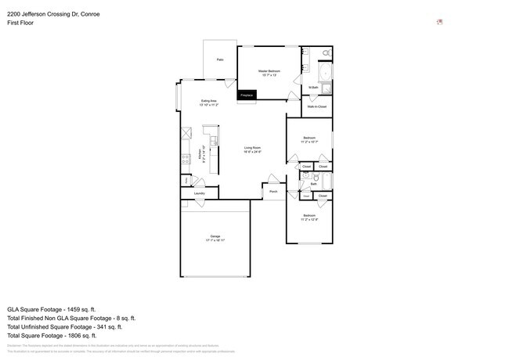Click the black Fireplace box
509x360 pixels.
pos(246,95)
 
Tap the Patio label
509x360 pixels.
pos(220,59)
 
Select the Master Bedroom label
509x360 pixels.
pos(269,71)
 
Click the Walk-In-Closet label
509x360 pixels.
pos(316,106)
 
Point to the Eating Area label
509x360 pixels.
pos(208,101)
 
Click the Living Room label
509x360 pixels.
pos(252,148)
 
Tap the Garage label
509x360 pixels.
pos(215,236)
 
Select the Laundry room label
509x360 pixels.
pos(199,193)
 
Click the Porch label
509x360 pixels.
pos(273,191)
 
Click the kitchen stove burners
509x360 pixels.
pos(185,160)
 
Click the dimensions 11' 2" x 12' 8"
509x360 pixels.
pos(309,220)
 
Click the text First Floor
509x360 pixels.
pos(21,23)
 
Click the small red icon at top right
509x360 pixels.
pos(439,22)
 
